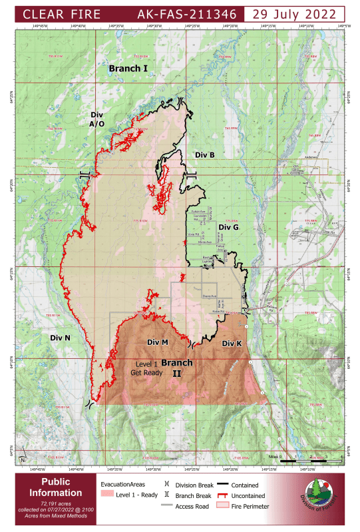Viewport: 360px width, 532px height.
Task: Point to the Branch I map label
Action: point(128,69)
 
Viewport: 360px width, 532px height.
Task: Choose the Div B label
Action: point(204,154)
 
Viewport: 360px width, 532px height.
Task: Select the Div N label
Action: point(61,338)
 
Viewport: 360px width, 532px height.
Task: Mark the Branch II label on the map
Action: point(177,368)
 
